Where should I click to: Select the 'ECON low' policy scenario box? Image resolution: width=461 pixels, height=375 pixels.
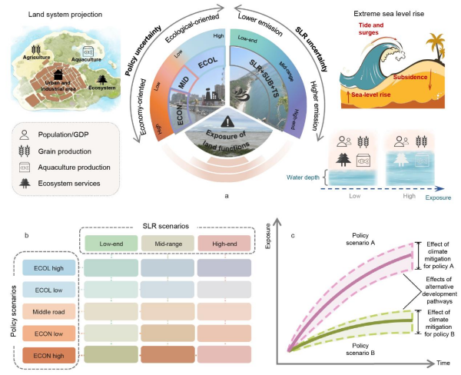(44, 335)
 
